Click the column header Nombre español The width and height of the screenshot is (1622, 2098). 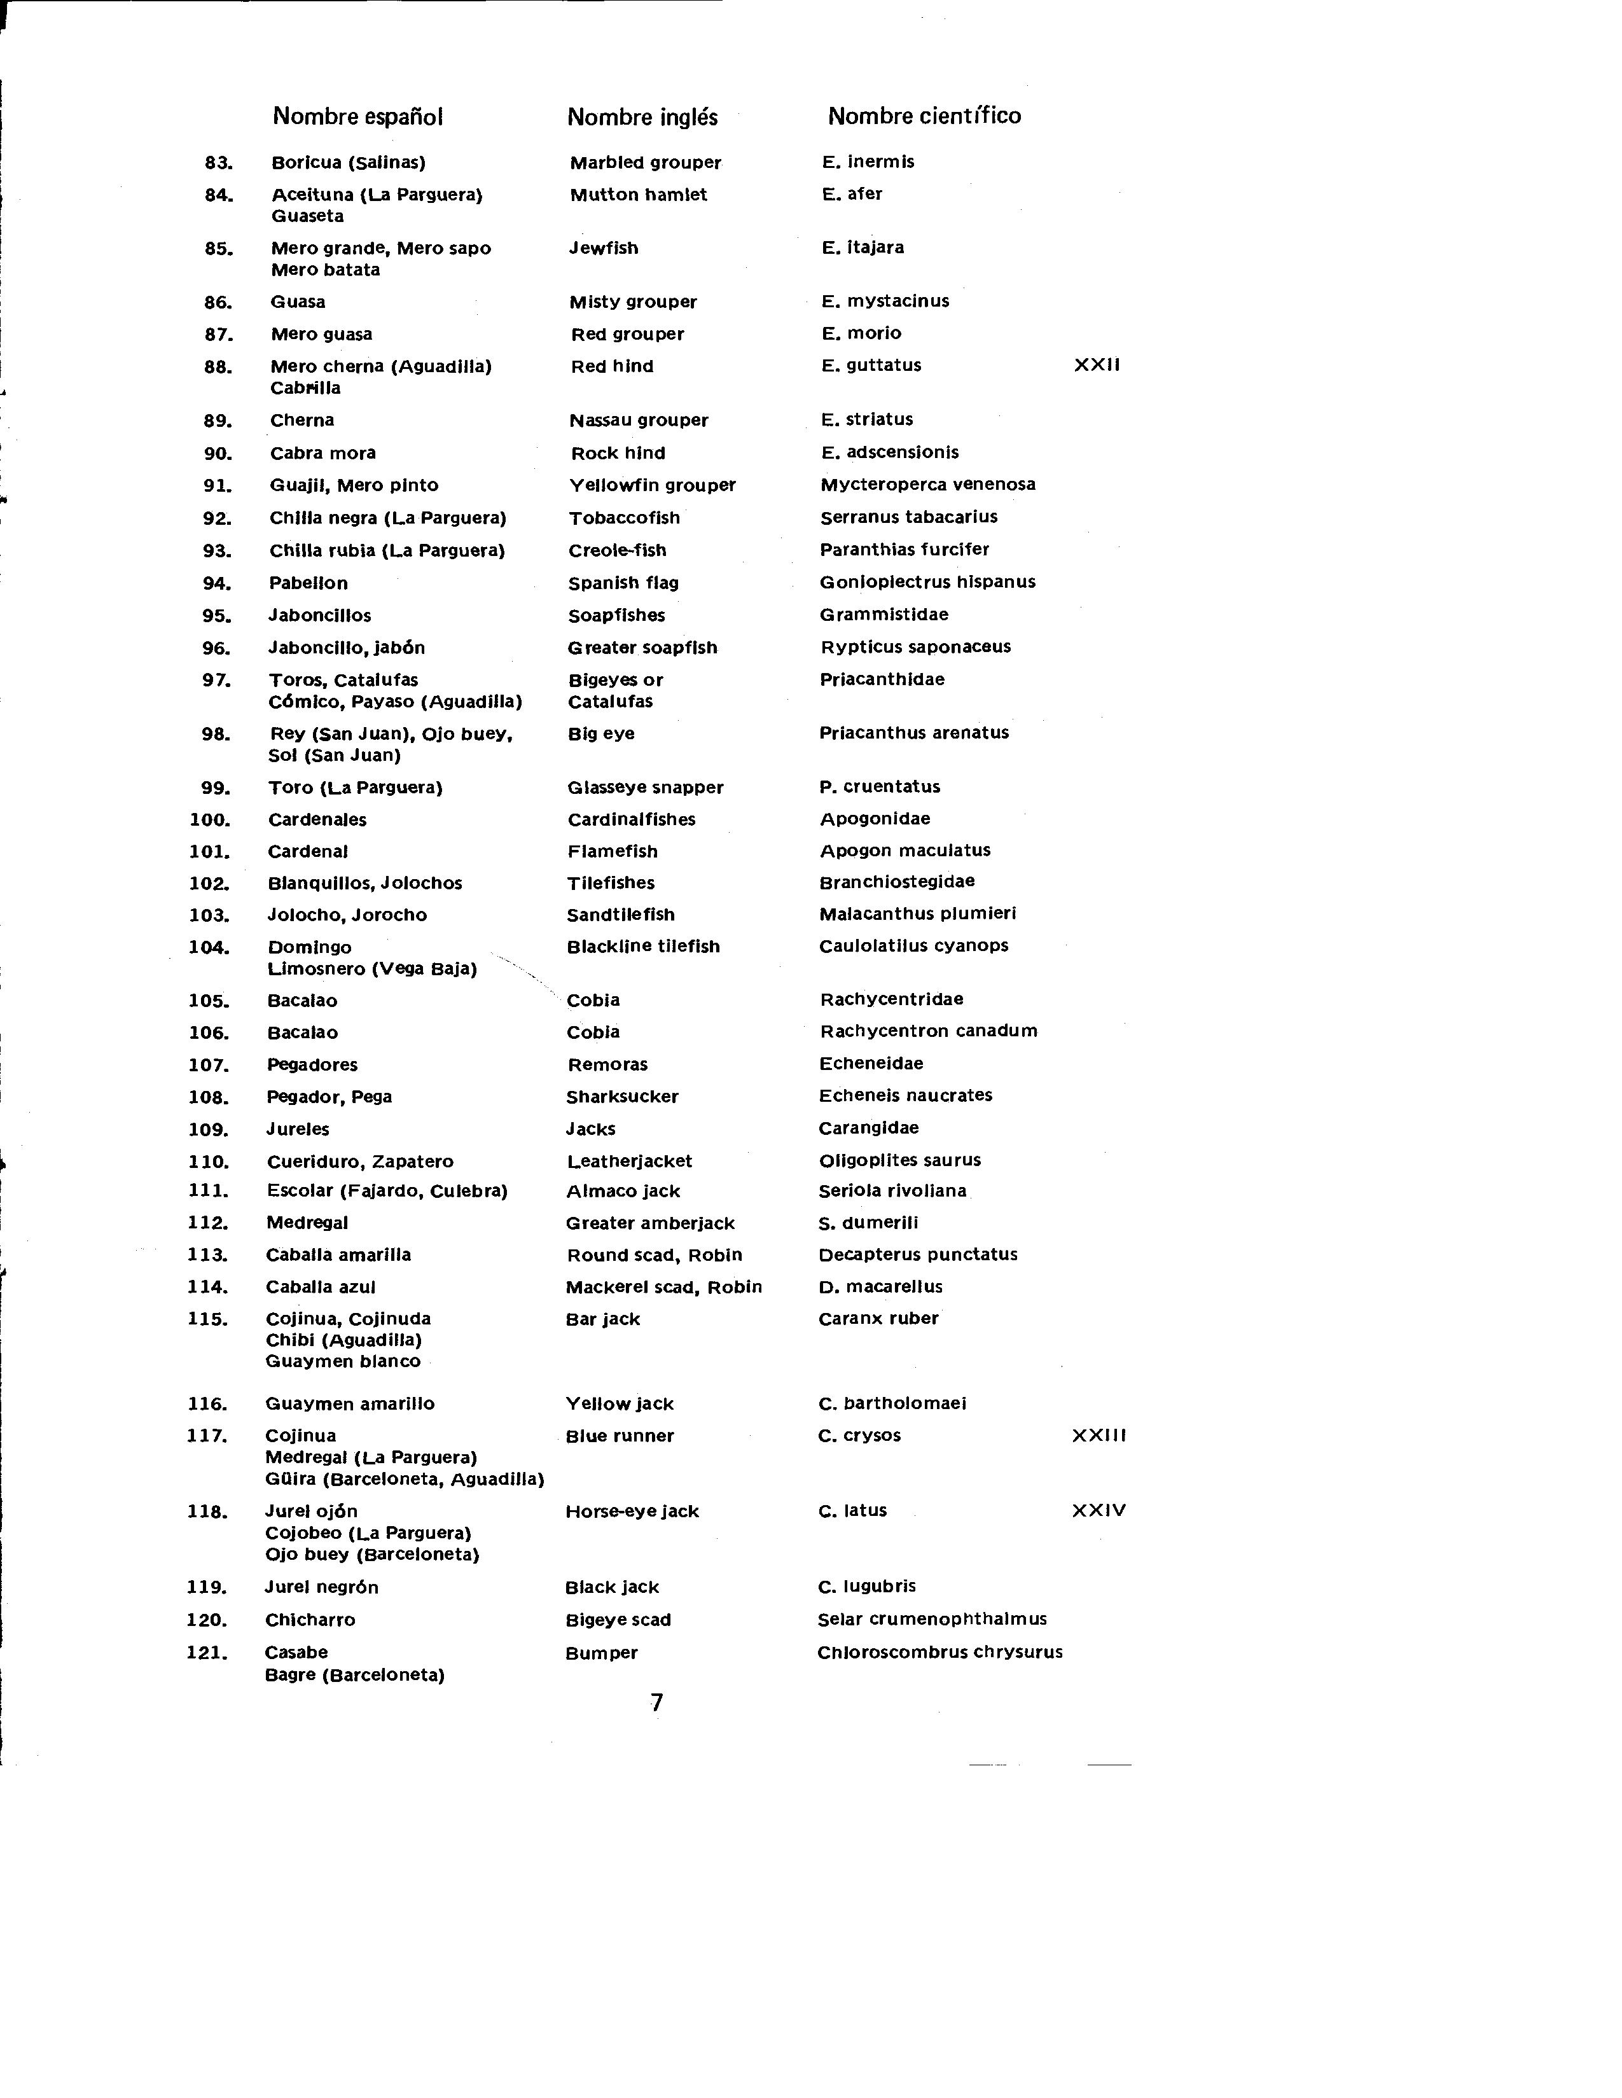pos(357,116)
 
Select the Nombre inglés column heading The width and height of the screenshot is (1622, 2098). pos(642,117)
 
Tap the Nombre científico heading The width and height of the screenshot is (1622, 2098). pos(924,116)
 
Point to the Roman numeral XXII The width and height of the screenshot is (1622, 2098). pos(1097,365)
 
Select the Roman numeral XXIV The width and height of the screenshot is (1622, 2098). pos(1099,1510)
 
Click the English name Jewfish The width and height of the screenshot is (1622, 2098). pos(603,248)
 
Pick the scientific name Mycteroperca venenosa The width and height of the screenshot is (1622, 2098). pos(927,484)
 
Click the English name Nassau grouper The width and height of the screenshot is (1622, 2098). pos(639,420)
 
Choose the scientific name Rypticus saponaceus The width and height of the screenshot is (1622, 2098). pos(915,646)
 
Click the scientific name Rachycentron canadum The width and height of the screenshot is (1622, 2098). pos(927,1031)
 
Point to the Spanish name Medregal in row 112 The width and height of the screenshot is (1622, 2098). pos(307,1223)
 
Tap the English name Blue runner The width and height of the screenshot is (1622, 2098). pos(620,1436)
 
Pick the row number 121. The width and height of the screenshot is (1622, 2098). pos(207,1652)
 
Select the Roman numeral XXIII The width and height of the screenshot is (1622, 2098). pos(1099,1435)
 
